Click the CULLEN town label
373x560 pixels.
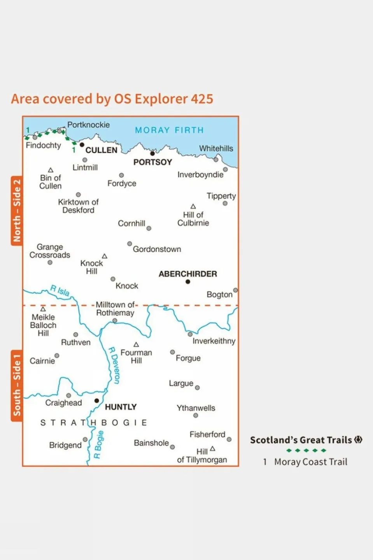[x=101, y=150]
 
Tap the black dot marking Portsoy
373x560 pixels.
[x=152, y=154]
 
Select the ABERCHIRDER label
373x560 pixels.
[x=187, y=274]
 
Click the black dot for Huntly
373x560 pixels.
[x=97, y=400]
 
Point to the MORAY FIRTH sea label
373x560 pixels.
[x=169, y=130]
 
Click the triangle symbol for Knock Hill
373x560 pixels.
[x=105, y=256]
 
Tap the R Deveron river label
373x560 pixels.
[x=114, y=365]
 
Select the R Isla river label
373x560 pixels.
[x=60, y=290]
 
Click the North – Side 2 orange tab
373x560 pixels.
[x=17, y=211]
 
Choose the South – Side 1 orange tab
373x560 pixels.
[x=17, y=385]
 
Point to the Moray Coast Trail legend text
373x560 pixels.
[x=310, y=462]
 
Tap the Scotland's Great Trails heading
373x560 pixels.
[x=301, y=440]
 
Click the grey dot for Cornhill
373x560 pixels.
[x=149, y=228]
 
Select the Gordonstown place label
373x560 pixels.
[x=157, y=249]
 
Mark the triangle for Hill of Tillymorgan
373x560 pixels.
[x=212, y=449]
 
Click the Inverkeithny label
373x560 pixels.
[x=214, y=341]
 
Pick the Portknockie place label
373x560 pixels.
[x=88, y=125]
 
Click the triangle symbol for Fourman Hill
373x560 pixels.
[x=136, y=344]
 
